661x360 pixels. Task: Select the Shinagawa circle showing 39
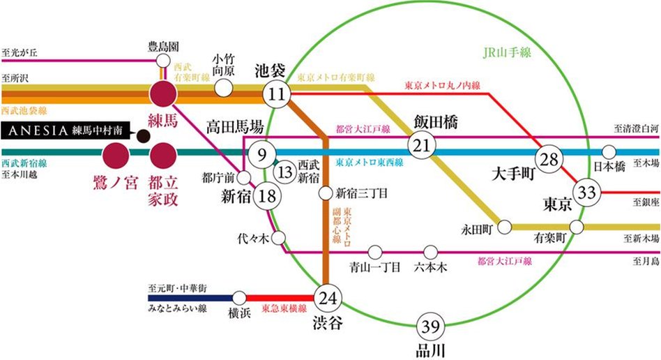[430, 325]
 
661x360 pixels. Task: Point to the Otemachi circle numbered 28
[549, 158]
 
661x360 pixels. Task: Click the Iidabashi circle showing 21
[420, 146]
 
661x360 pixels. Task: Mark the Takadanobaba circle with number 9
[261, 153]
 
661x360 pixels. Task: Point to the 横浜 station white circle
[239, 298]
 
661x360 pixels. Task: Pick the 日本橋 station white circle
[609, 151]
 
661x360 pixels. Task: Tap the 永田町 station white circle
[507, 227]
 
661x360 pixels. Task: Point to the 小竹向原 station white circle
[223, 88]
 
